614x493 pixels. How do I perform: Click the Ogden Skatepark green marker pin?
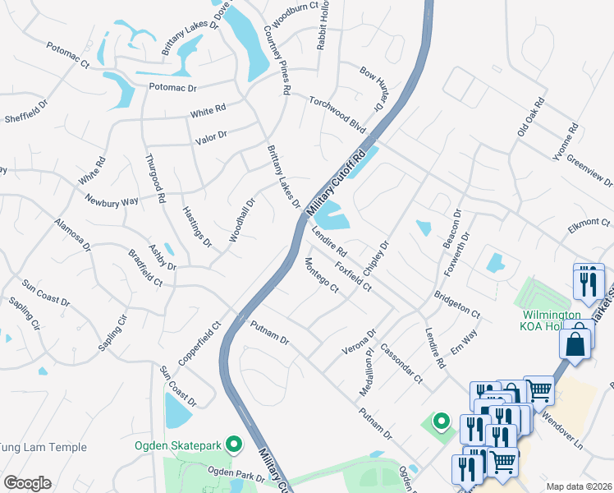click(x=234, y=445)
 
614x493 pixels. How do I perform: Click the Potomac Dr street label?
click(x=172, y=86)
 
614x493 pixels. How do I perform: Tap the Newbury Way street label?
click(x=112, y=200)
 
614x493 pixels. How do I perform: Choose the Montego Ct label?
click(x=321, y=274)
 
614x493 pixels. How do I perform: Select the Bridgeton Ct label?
click(x=457, y=302)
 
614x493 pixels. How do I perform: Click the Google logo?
click(x=27, y=483)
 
